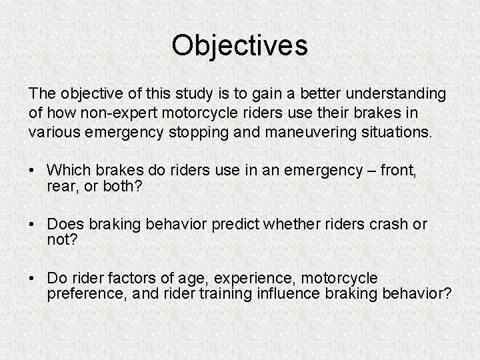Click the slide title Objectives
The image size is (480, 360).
coord(239,45)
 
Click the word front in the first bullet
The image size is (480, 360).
coord(397,171)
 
